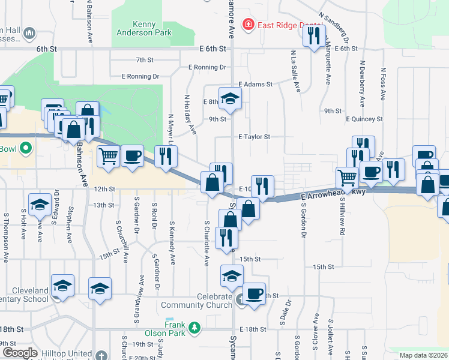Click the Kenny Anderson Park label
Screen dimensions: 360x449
pos(144,29)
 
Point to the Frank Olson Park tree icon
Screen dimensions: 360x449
pos(194,327)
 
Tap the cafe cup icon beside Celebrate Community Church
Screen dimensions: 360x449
pos(255,293)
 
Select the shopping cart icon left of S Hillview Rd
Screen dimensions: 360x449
pos(348,177)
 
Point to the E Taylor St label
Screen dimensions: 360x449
pos(254,137)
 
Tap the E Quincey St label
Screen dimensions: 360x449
pos(364,119)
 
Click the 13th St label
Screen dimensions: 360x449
pos(103,205)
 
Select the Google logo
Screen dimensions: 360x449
pos(20,353)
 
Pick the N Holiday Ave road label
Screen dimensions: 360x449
pos(190,114)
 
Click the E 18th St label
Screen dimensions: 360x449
pos(252,329)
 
